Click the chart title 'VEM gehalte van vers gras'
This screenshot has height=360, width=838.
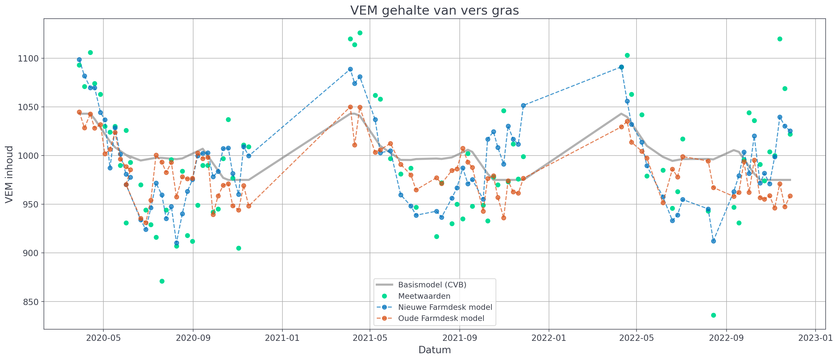click(434, 10)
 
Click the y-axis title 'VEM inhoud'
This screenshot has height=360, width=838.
click(9, 174)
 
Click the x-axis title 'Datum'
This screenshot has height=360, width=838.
click(434, 350)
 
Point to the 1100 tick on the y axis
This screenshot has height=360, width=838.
click(28, 58)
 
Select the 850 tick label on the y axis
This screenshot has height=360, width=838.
click(31, 302)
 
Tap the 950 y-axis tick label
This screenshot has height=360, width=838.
click(31, 204)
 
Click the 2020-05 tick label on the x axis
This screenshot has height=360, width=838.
click(103, 338)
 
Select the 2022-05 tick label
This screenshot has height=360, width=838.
click(636, 338)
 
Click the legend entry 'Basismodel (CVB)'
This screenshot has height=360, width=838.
click(432, 285)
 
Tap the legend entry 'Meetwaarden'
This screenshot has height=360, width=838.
click(424, 296)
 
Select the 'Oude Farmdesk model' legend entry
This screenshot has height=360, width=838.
click(441, 318)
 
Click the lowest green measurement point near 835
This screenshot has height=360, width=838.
click(713, 315)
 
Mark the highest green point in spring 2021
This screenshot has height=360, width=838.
click(360, 33)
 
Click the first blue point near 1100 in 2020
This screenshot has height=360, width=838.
click(79, 59)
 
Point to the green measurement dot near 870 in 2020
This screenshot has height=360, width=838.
click(162, 281)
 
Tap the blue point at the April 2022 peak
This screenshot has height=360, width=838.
click(621, 67)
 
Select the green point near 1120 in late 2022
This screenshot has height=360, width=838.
click(780, 39)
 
